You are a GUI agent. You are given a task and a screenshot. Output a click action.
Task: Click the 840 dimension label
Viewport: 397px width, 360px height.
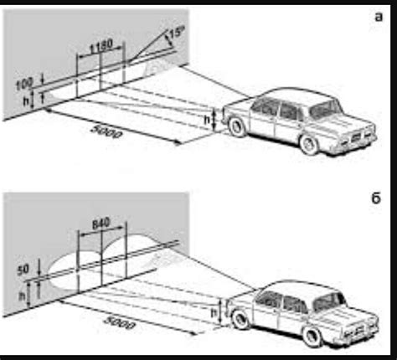pos(100,224)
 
